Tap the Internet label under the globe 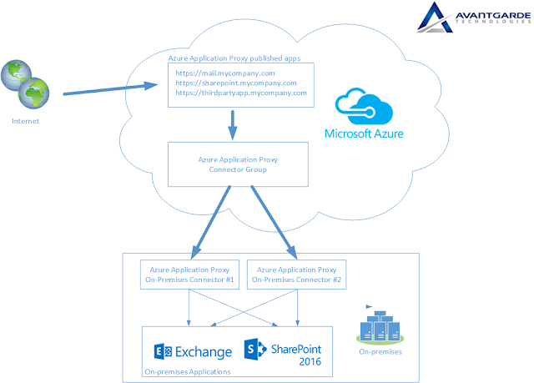coord(25,121)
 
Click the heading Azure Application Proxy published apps coord(234,58)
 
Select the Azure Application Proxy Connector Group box coord(233,164)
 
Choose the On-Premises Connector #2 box coord(297,275)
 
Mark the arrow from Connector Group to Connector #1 coord(211,220)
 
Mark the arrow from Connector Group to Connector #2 coord(274,220)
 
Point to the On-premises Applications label coord(188,370)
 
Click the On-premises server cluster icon coord(380,324)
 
